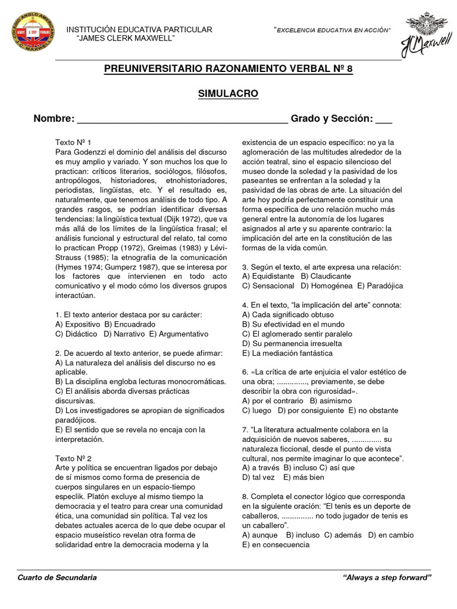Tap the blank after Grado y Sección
pos(384,120)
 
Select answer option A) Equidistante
pos(268,276)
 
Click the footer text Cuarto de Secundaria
pos(58,577)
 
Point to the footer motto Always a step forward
pos(387,577)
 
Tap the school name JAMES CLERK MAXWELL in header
pos(126,38)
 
